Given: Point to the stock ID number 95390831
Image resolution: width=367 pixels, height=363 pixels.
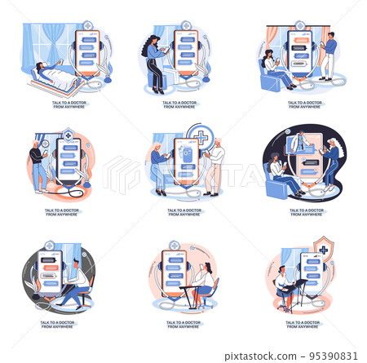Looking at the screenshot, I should pos(337,356).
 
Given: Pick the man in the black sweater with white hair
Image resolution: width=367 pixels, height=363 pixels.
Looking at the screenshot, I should pos(37,163).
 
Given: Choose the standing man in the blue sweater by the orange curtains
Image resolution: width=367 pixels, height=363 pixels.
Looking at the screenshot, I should pos(328,55).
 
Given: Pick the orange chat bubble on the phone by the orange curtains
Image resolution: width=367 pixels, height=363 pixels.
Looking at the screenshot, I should pos(302,39).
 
